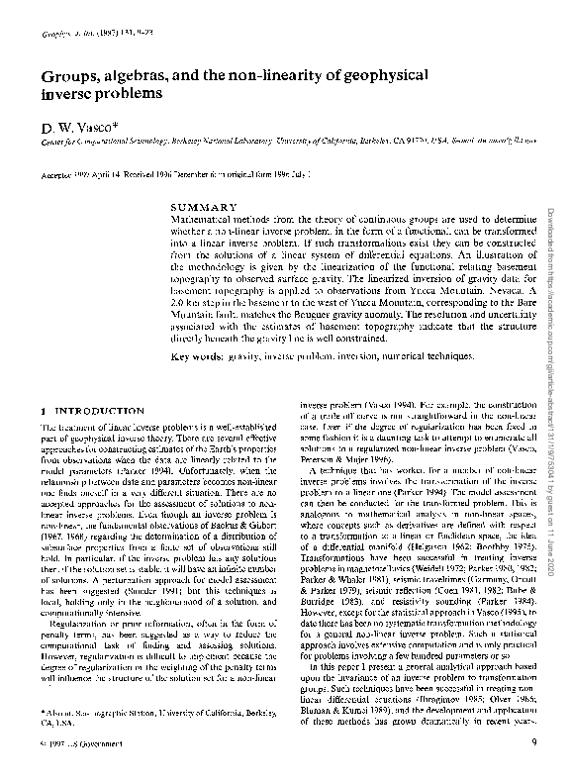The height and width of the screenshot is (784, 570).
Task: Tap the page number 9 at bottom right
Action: click(533, 742)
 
